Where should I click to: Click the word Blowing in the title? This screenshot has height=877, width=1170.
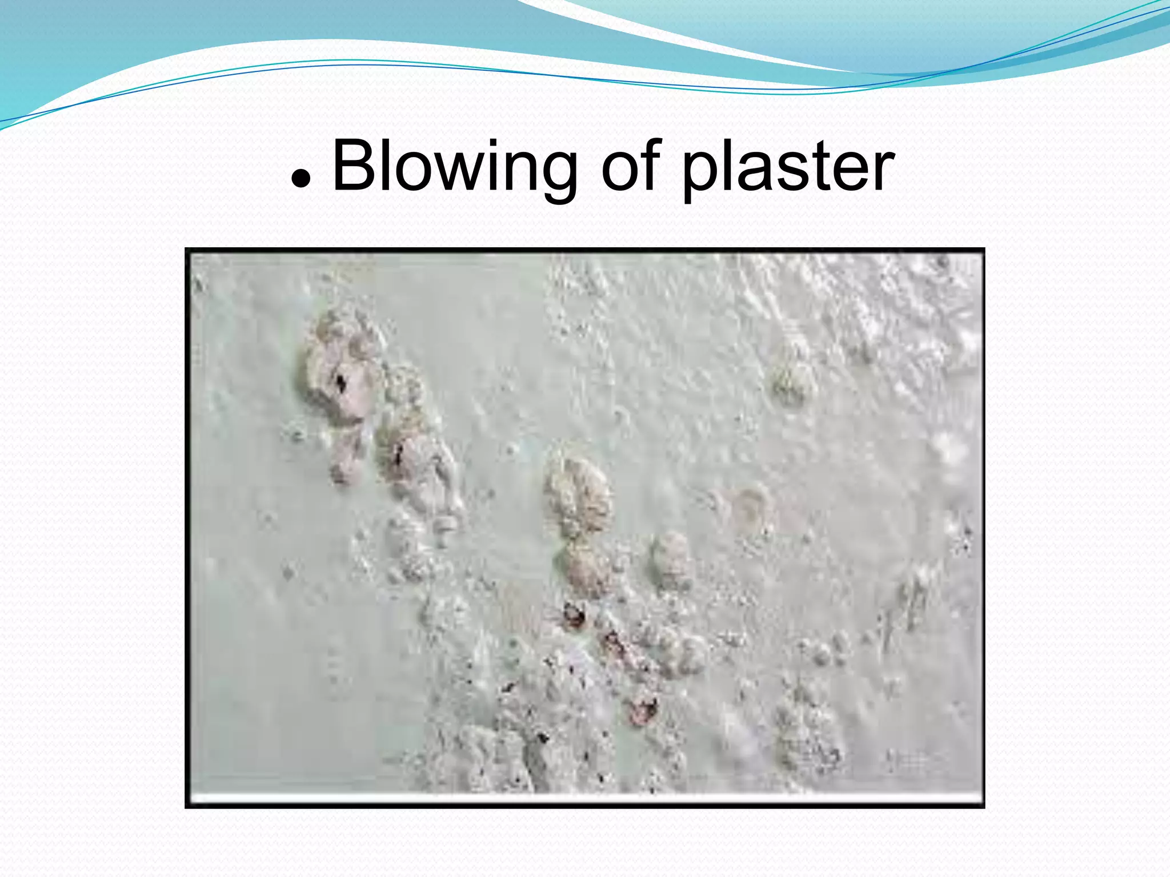point(454,168)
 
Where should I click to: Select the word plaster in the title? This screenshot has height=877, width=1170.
point(788,169)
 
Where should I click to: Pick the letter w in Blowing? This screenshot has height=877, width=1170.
point(451,171)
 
